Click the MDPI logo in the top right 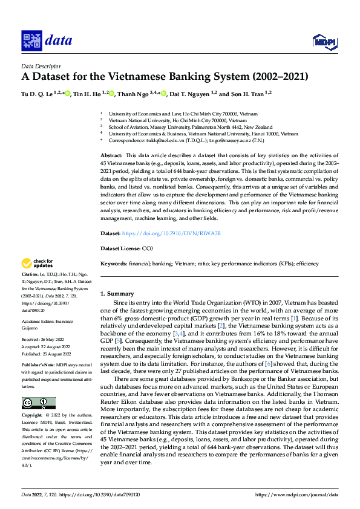click(324, 41)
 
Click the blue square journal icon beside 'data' click(31, 41)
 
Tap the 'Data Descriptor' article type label click(41, 66)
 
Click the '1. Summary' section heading click(113, 293)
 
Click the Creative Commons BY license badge click(38, 403)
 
